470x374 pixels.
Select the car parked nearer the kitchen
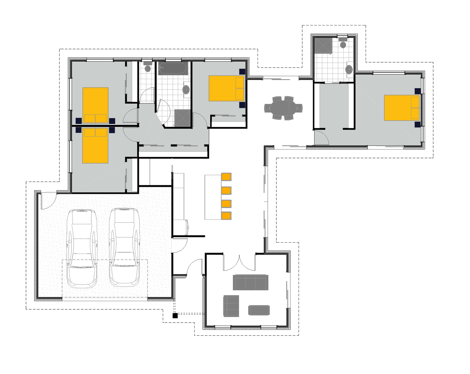pos(124,247)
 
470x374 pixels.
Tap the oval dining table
pos(283,108)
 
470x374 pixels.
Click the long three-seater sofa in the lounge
pos(251,282)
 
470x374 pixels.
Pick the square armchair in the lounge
pos(231,306)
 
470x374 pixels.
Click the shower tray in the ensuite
pos(323,46)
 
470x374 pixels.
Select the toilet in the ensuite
pos(343,44)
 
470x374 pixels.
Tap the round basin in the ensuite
pos(349,69)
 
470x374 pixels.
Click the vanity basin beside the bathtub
pos(186,89)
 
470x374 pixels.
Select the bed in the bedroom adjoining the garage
pos(95,145)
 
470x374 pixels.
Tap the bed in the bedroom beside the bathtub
pos(226,88)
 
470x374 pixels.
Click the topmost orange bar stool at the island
pos(226,177)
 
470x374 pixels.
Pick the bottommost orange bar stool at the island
pos(226,216)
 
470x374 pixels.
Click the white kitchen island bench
pos(213,197)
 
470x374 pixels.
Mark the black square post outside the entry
pos(175,316)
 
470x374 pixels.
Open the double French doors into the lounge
pos(239,262)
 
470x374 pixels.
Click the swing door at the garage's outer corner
pos(48,200)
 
